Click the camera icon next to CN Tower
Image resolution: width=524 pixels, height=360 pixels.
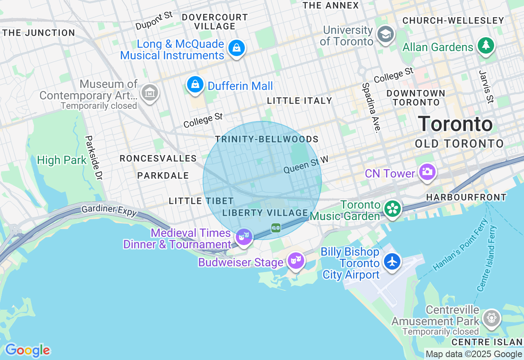tap(427, 171)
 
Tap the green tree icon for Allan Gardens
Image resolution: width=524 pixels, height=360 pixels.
tap(486, 45)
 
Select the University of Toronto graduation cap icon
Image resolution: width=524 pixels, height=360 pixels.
tap(385, 34)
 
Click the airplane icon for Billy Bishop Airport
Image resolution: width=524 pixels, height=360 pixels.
tap(392, 261)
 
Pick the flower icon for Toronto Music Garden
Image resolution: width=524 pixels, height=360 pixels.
tap(393, 209)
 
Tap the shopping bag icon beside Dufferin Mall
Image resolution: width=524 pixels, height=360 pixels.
tap(195, 84)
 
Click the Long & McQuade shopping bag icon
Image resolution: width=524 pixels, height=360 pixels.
tap(237, 47)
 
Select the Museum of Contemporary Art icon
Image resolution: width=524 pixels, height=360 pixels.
tap(149, 92)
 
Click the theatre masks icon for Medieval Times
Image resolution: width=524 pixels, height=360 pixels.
tap(244, 236)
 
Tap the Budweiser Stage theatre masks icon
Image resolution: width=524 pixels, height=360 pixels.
tap(296, 260)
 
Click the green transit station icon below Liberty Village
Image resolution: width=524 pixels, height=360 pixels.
tap(276, 227)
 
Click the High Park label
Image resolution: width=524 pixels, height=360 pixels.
tap(62, 160)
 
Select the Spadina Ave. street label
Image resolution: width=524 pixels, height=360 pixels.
tap(371, 108)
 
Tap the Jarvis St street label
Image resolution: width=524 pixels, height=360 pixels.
tap(486, 86)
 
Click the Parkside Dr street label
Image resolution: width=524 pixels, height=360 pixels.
tap(93, 157)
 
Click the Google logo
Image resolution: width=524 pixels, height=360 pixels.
tap(27, 350)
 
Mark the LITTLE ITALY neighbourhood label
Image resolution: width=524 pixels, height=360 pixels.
tap(299, 101)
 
